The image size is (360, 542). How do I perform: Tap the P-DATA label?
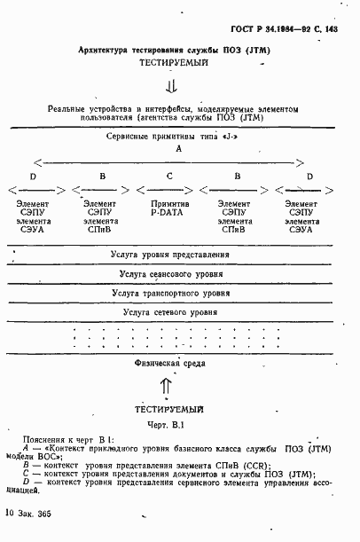(169, 214)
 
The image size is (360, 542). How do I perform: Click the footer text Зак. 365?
(36, 514)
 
